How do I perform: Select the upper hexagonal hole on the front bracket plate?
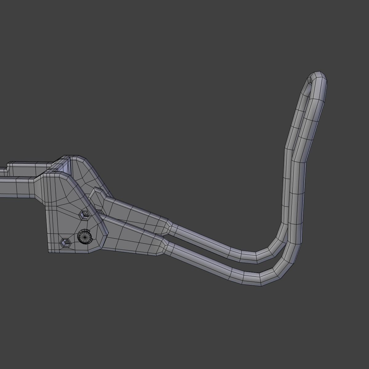(x=84, y=215)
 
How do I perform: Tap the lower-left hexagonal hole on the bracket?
(x=65, y=243)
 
